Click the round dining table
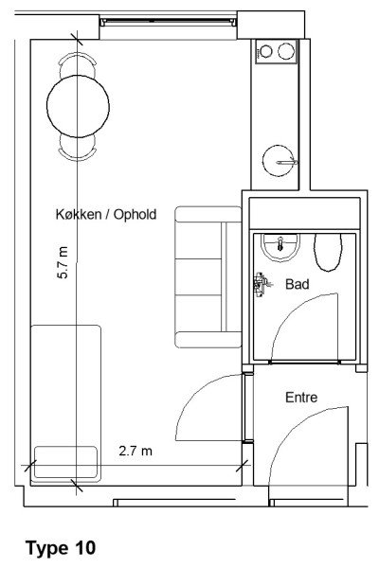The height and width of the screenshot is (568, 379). coord(78,106)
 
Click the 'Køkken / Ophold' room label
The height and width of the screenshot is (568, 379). coord(106,214)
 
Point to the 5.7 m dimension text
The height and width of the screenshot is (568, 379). coord(63,262)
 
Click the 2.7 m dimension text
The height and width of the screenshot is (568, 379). coord(135,451)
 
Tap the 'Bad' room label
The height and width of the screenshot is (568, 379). coord(297,284)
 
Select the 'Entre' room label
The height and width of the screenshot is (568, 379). coord(301,398)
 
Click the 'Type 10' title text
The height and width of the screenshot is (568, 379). coord(61,547)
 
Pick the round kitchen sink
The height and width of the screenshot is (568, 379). coord(279,161)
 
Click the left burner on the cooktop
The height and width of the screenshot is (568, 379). coord(266,51)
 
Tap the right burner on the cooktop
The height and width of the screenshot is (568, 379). coord(286,51)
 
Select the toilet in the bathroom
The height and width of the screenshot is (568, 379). coord(328,252)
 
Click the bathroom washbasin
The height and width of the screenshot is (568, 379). coord(280,247)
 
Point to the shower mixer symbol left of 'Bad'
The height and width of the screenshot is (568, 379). coord(262,284)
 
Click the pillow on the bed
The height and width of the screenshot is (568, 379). coord(65,463)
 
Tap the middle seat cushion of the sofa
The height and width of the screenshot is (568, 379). coord(198,277)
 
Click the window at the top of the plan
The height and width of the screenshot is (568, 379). coord(168,23)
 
